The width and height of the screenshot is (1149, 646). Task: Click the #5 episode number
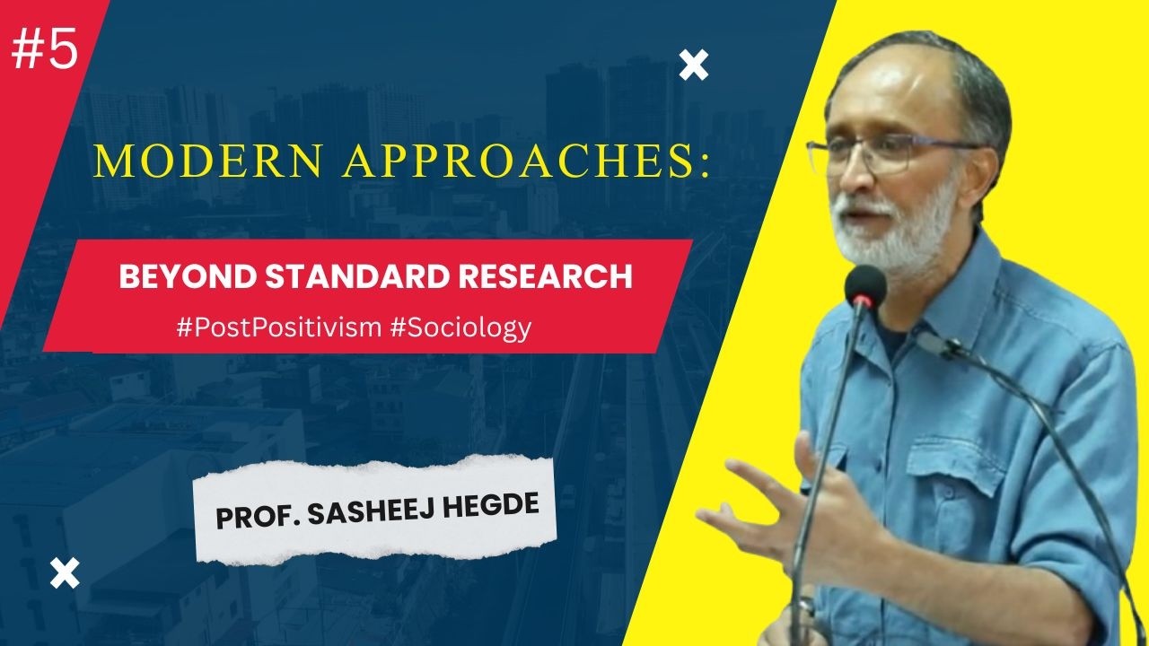tap(45, 52)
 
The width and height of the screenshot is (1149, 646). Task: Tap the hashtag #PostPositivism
tap(279, 327)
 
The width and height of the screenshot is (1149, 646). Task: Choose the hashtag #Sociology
tap(461, 327)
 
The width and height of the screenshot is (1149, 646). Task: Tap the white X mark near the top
tap(693, 65)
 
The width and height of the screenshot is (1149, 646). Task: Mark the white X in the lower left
tap(65, 572)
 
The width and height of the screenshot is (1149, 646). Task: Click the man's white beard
tap(889, 233)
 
